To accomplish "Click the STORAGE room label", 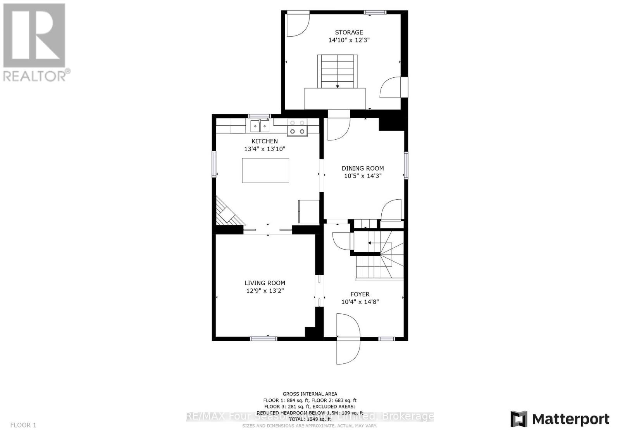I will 349,33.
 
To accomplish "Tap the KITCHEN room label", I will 265,141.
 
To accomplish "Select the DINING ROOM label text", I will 363,168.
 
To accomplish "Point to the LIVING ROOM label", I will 265,283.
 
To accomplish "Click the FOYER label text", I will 360,294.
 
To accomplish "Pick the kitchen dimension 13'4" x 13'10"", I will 265,149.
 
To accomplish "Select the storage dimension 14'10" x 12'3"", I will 349,40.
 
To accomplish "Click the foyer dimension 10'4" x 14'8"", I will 360,302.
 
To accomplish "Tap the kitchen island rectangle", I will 265,170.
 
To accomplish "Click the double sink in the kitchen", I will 260,126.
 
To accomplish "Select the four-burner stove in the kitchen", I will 297,127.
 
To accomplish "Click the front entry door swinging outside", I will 348,351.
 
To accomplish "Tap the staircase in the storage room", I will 338,72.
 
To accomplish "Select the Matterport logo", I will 560,419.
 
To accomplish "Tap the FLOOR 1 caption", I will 23,425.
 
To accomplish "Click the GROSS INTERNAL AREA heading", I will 310,394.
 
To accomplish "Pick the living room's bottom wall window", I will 263,339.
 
